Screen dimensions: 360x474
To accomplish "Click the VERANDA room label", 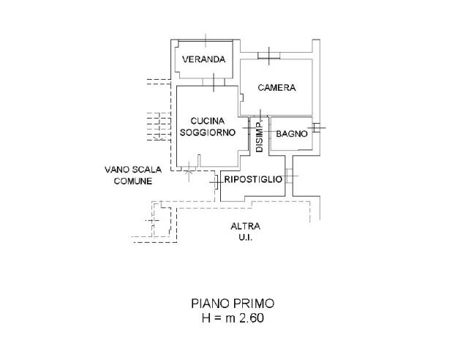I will pos(203,59).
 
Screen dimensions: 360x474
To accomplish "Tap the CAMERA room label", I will pos(276,88).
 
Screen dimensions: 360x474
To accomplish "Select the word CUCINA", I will pos(207,121).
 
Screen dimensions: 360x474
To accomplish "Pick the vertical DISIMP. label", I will pos(259,135).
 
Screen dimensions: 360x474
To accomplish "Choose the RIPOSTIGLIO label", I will pos(253,179).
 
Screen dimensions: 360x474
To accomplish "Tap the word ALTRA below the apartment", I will pos(245,226).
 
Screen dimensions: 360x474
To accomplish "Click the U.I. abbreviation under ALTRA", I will pos(245,238).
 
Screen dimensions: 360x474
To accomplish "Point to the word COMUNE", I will pos(132,181).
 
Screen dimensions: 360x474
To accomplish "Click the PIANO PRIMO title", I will pos(233,303).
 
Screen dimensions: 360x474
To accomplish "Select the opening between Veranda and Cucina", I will pos(213,82).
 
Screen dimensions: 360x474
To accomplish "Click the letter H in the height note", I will pos(206,318).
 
